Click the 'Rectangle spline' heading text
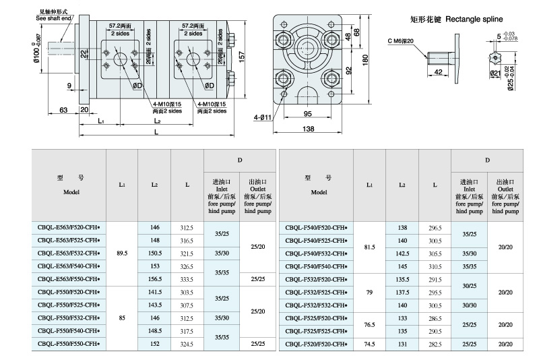pyautogui.click(x=460, y=21)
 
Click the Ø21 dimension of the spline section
pyautogui.click(x=495, y=73)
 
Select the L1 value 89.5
pyautogui.click(x=122, y=253)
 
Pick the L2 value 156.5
pyautogui.click(x=154, y=278)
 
